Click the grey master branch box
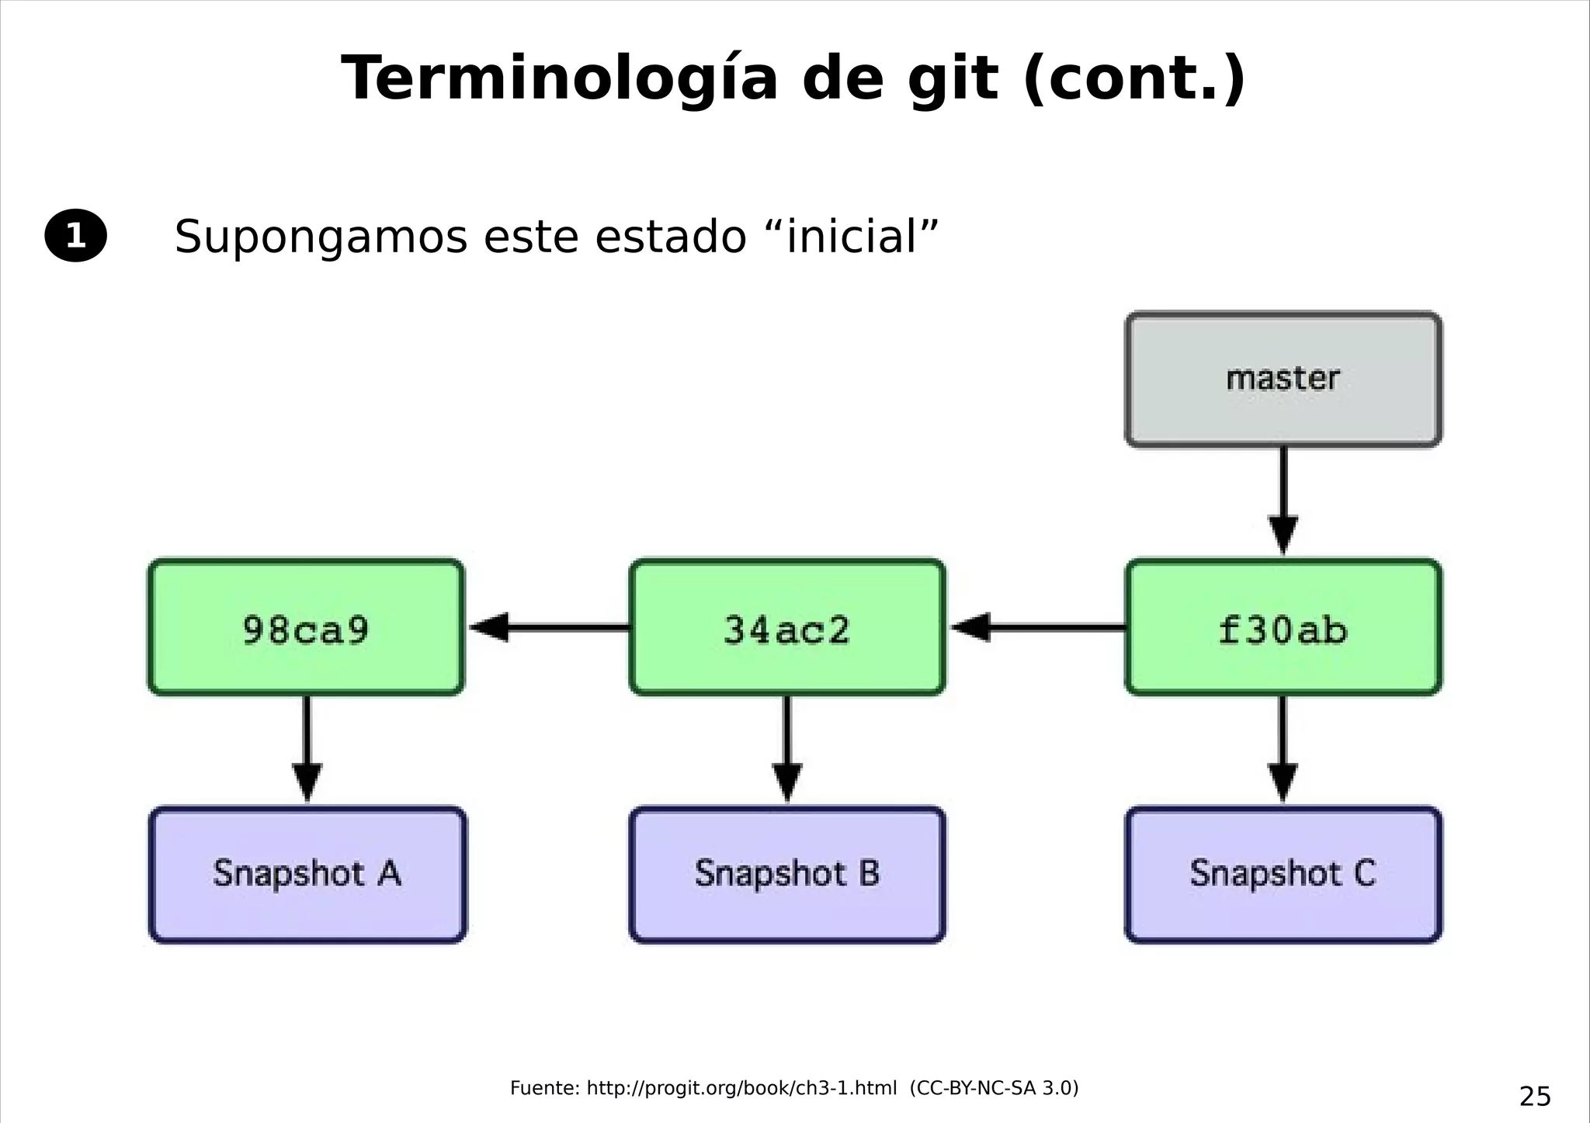coord(1283,380)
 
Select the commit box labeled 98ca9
coord(306,627)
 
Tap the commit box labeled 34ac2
coord(787,627)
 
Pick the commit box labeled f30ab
coord(1283,627)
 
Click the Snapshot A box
coord(307,875)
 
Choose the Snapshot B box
coord(787,875)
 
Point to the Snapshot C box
coord(1283,875)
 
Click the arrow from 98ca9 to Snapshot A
coord(307,749)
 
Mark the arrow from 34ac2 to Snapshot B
coord(787,749)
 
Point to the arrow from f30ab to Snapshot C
coord(1283,749)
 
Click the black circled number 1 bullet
coord(75,235)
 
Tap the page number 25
coord(1534,1097)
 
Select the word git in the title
coord(952,79)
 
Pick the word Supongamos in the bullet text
coord(321,237)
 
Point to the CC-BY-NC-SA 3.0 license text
coord(995,1088)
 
